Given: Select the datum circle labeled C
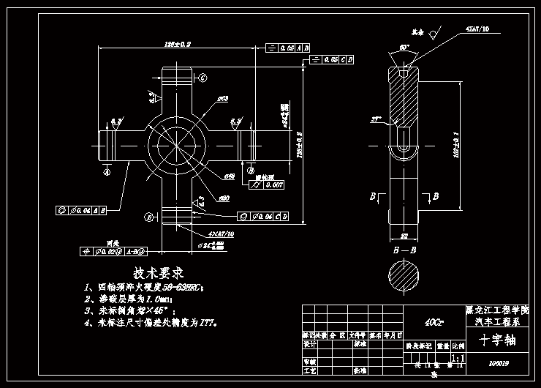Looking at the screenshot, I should (203, 78).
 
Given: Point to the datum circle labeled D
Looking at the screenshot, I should (148, 217).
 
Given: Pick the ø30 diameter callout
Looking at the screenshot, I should (224, 197).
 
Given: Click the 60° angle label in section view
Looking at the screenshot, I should (404, 48).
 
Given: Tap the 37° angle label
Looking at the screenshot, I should (377, 118).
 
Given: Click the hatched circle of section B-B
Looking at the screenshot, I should (403, 279).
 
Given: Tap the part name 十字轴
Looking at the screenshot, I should (496, 340).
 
